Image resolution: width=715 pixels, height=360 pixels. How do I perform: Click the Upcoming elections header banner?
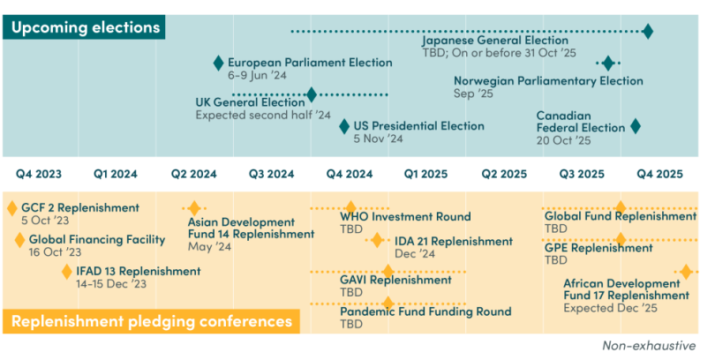[x=86, y=27]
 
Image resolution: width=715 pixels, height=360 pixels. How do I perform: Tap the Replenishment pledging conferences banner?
[x=151, y=321]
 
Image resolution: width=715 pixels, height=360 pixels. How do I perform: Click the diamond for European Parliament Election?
[x=219, y=63]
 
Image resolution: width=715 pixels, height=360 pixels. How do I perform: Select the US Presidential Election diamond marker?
[x=344, y=126]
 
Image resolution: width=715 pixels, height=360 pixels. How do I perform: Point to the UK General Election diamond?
[x=312, y=94]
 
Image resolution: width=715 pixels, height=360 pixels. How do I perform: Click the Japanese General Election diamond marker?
[x=648, y=32]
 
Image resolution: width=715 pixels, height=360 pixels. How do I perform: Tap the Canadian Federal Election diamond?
[x=635, y=126]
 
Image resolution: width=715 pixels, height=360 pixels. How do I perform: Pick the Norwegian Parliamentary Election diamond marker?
[x=608, y=63]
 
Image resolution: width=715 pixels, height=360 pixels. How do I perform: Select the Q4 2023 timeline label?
[x=39, y=174]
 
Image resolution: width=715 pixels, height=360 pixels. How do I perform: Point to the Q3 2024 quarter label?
[x=272, y=174]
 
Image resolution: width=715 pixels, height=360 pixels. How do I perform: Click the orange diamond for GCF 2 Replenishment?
[x=12, y=208]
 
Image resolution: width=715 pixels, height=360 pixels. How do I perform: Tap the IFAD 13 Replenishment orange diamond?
[x=67, y=271]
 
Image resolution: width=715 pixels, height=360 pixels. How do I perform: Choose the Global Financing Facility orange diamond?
[x=19, y=239]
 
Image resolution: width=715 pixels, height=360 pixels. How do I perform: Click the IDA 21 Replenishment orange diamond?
[x=378, y=240]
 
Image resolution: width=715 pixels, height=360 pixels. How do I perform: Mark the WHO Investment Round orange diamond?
[x=351, y=208]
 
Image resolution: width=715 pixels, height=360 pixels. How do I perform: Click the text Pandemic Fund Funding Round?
[x=425, y=311]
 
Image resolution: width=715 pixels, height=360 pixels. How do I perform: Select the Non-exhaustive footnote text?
[x=649, y=347]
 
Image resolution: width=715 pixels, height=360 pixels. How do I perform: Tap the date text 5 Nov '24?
[x=378, y=139]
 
